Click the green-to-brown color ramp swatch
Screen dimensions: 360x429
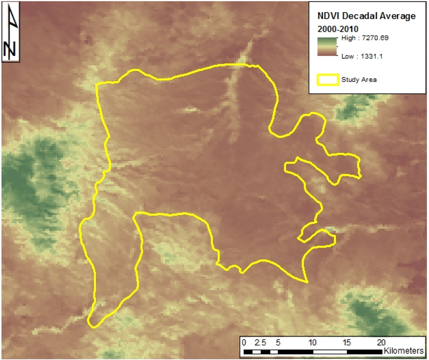pos(328,46)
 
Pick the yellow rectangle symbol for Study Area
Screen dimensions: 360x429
pos(328,80)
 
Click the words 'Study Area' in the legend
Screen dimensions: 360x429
pos(359,80)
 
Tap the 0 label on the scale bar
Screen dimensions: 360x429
pos(244,342)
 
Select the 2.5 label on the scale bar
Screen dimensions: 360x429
pos(260,342)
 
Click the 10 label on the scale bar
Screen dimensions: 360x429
pos(313,342)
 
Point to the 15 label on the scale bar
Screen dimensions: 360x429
pos(347,342)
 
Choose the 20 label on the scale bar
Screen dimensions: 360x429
pos(382,342)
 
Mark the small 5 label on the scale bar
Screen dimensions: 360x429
pos(278,342)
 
